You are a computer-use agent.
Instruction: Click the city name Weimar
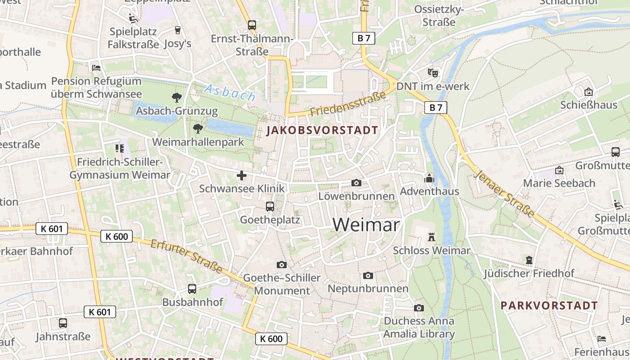coord(366,225)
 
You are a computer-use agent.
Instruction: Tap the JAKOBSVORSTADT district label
coord(322,130)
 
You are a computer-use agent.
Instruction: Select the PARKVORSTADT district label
coord(549,306)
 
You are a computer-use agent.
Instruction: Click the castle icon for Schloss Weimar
coord(432,237)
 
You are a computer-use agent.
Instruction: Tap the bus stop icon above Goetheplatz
coord(270,207)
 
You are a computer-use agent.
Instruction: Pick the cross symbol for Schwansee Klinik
coord(242,175)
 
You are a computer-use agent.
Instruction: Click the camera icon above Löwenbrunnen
coord(356,183)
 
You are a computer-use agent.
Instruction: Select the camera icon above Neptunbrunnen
coord(368,275)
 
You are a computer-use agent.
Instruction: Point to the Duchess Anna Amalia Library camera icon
coord(419,308)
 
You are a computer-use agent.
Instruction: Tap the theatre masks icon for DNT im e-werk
coord(433,72)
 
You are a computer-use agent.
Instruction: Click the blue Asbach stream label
coord(229,92)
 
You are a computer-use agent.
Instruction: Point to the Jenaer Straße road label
coord(504,193)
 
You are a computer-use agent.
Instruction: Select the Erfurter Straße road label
coord(186,256)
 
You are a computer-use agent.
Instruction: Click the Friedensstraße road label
coord(348,104)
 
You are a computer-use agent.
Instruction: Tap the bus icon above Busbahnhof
coord(192,289)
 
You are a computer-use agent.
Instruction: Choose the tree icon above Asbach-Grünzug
coord(177,97)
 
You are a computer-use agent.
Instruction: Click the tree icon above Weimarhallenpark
coord(198,129)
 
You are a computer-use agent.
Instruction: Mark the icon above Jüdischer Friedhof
coord(529,260)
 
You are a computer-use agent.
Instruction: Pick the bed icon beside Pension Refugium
coord(96,68)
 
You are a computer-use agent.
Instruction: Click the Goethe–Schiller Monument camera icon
coord(282,265)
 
